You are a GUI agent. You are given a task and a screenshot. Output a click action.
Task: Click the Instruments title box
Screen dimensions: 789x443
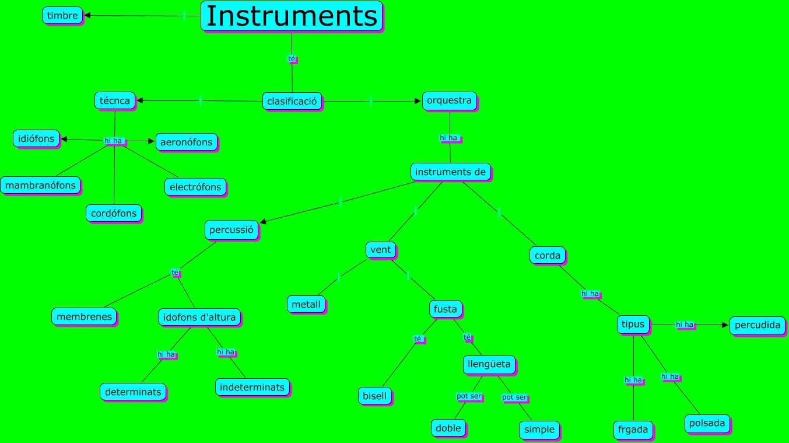[292, 16]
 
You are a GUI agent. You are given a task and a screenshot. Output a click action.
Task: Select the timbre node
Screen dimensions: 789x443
[62, 15]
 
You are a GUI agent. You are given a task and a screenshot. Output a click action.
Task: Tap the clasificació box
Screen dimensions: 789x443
[292, 101]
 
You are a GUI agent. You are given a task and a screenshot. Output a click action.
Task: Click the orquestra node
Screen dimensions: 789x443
[449, 100]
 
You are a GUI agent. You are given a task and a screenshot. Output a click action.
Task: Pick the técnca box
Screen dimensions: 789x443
[115, 100]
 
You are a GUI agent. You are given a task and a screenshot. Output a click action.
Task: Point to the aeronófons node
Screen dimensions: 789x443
[187, 142]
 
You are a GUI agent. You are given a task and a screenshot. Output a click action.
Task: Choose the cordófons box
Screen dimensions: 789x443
[114, 213]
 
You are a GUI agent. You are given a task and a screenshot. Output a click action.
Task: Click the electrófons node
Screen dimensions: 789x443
[195, 187]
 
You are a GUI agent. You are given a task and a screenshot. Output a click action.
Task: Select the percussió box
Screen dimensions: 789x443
[232, 229]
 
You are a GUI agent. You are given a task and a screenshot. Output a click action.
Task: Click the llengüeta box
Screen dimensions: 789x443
[489, 364]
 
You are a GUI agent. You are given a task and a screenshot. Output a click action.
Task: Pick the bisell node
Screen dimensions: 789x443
[375, 396]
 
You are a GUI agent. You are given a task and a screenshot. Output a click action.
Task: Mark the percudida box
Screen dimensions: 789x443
[758, 325]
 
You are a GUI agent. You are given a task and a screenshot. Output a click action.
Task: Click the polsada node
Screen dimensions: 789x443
[707, 423]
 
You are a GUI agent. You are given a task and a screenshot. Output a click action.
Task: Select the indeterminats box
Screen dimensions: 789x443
[253, 387]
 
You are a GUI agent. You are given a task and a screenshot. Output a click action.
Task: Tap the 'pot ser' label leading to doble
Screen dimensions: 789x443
[469, 396]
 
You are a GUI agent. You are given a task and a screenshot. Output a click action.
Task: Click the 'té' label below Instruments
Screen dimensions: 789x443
[292, 58]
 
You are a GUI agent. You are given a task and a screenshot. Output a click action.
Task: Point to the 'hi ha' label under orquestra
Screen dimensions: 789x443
[449, 138]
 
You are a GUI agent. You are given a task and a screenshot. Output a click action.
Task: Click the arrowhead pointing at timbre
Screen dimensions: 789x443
[87, 16]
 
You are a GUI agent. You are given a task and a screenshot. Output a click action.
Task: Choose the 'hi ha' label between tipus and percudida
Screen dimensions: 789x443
[685, 325]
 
